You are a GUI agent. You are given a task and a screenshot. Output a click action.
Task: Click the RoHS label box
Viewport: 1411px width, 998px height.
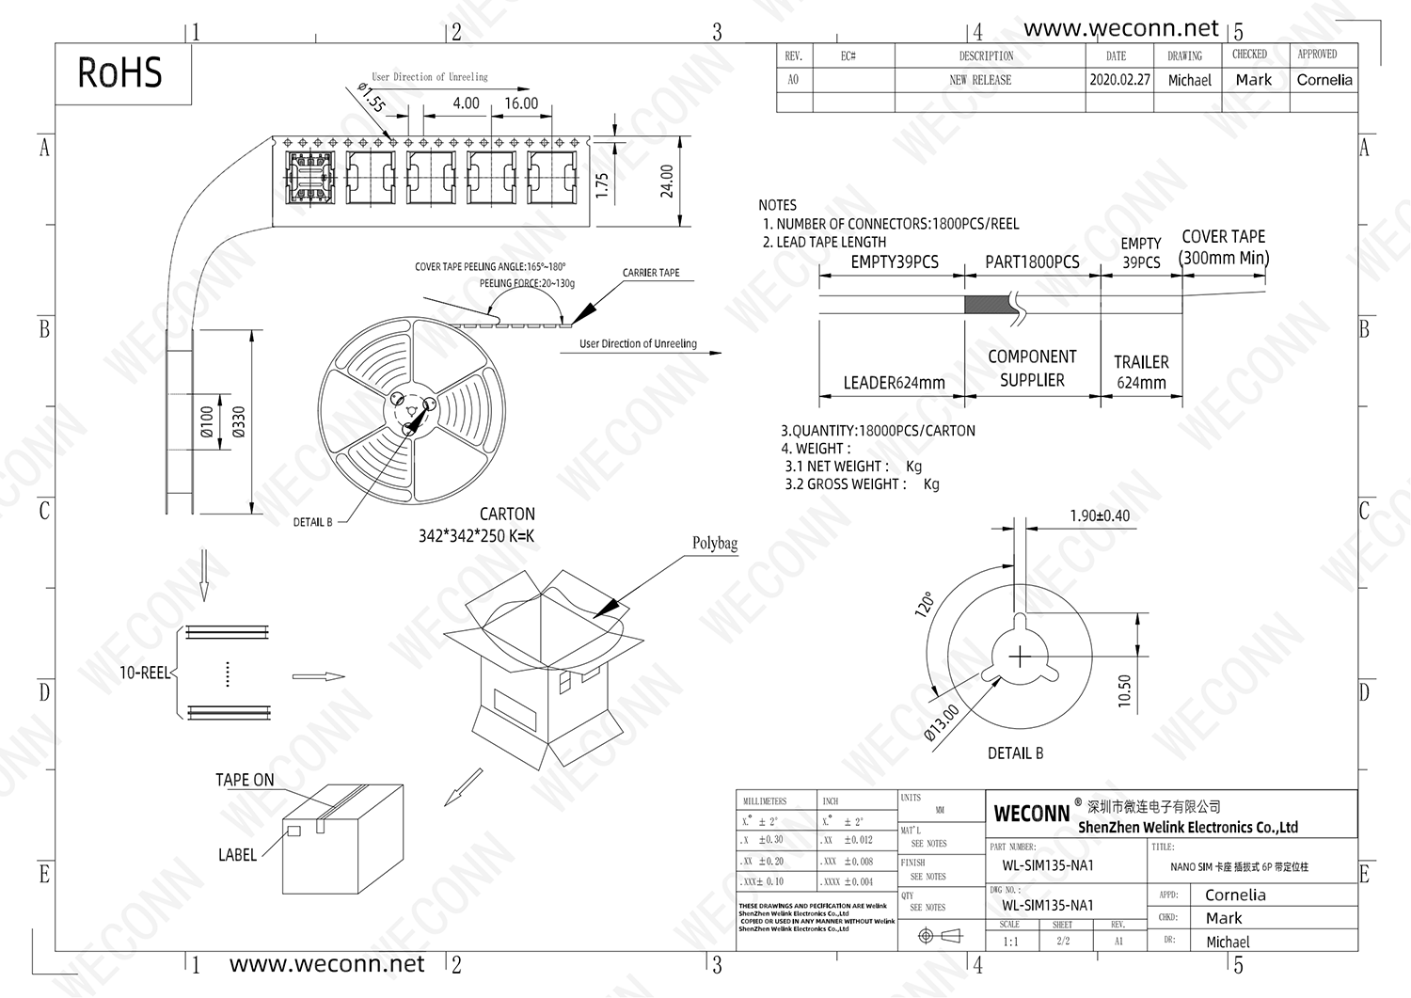pyautogui.click(x=120, y=73)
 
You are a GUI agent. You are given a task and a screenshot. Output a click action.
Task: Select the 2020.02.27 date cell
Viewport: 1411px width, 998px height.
pyautogui.click(x=1119, y=80)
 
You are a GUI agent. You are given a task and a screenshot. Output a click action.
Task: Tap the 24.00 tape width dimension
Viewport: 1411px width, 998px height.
pyautogui.click(x=667, y=181)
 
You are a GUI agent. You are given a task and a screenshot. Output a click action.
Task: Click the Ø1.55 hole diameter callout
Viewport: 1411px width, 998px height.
pyautogui.click(x=372, y=98)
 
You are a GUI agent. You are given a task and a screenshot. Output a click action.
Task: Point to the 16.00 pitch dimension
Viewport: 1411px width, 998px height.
pyautogui.click(x=521, y=103)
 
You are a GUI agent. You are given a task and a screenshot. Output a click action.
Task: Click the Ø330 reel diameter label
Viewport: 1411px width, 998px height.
pyautogui.click(x=239, y=421)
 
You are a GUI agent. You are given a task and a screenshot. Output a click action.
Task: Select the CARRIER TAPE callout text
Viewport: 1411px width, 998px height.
pyautogui.click(x=651, y=273)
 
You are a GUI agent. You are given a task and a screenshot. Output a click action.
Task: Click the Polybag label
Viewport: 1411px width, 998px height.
pyautogui.click(x=715, y=544)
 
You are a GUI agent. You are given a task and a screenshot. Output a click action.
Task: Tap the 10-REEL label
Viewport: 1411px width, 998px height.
pyautogui.click(x=145, y=673)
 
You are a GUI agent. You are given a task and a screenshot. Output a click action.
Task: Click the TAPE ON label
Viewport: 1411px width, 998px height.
pyautogui.click(x=245, y=780)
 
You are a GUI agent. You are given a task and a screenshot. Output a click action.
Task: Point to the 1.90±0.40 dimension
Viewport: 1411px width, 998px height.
pyautogui.click(x=1100, y=515)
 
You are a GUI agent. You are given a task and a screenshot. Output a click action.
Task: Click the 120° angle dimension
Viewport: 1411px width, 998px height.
pyautogui.click(x=925, y=604)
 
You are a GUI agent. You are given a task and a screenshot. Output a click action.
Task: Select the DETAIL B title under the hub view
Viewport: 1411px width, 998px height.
pyautogui.click(x=1015, y=753)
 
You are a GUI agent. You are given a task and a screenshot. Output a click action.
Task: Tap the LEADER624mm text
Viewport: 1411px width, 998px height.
pyautogui.click(x=894, y=383)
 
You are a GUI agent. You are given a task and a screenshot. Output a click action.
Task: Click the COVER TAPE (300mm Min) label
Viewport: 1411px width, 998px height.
pyautogui.click(x=1223, y=247)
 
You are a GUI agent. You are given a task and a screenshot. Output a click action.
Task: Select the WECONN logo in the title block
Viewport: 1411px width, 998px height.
pyautogui.click(x=1032, y=814)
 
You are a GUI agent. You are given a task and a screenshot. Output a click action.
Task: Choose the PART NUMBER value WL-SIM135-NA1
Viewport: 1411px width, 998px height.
pyautogui.click(x=1047, y=865)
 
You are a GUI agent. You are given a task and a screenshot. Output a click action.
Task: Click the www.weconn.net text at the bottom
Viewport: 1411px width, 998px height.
pyautogui.click(x=326, y=964)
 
